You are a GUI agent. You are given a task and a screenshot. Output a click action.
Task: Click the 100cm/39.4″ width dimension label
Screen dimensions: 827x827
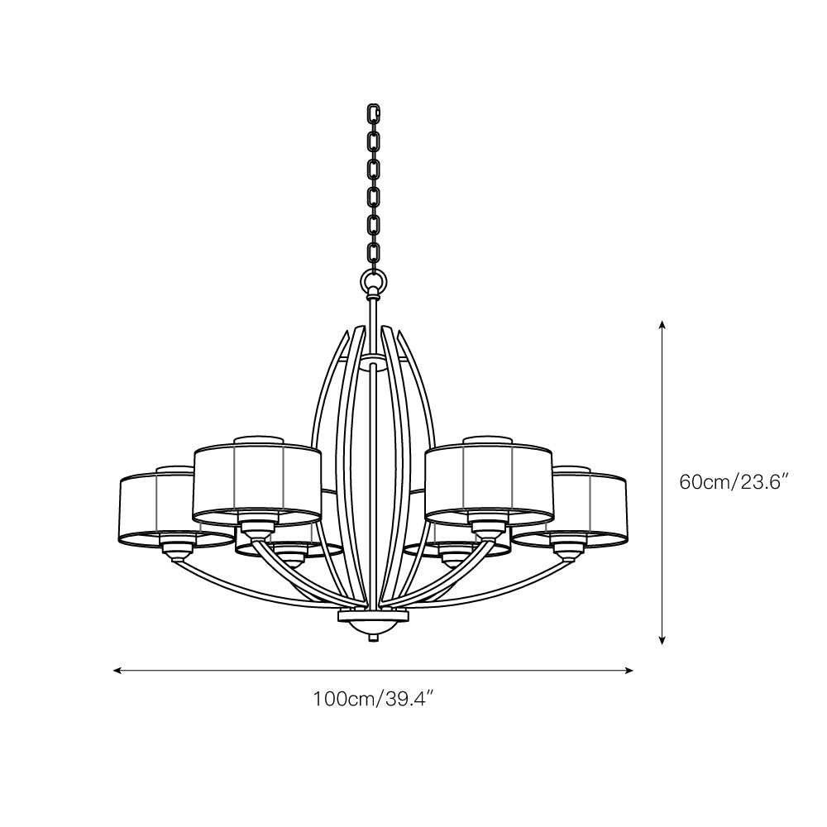[374, 700]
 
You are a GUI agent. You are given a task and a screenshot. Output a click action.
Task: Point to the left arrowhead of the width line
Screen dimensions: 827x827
[118, 671]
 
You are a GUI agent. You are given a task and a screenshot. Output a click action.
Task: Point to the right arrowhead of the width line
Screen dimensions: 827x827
[628, 671]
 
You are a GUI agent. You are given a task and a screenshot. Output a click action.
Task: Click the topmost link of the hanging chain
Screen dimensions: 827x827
[374, 112]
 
